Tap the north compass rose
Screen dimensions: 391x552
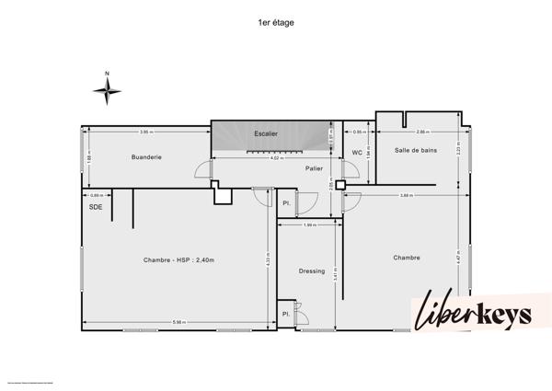pyautogui.click(x=109, y=89)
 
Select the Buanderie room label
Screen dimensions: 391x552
pyautogui.click(x=146, y=157)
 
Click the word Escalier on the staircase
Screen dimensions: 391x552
pyautogui.click(x=266, y=134)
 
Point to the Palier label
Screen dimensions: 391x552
pyautogui.click(x=313, y=169)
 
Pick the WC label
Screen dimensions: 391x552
pyautogui.click(x=357, y=153)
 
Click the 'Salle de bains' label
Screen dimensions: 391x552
pyautogui.click(x=416, y=150)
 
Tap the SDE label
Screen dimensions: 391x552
pyautogui.click(x=95, y=207)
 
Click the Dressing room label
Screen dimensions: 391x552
pyautogui.click(x=312, y=270)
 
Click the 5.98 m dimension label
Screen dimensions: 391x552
pyautogui.click(x=180, y=322)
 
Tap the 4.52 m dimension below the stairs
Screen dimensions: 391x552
pyautogui.click(x=275, y=158)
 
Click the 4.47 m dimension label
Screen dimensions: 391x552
pyautogui.click(x=460, y=259)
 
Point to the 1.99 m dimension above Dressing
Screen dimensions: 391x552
pyautogui.click(x=309, y=225)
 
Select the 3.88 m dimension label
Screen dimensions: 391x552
pyautogui.click(x=405, y=195)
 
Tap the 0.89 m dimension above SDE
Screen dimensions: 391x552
pyautogui.click(x=95, y=195)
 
